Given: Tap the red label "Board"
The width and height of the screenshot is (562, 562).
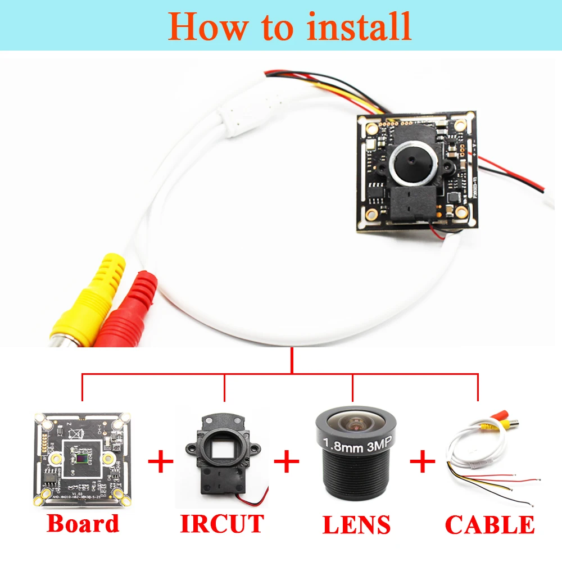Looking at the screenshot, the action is [x=83, y=523].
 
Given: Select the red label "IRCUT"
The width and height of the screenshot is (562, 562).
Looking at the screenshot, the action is [x=222, y=523].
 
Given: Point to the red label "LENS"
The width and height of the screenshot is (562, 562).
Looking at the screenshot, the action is [x=356, y=524].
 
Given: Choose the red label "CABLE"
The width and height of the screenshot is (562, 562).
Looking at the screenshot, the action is [x=490, y=524].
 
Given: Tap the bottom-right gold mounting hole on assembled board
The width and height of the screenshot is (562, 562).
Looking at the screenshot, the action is [x=462, y=211].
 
